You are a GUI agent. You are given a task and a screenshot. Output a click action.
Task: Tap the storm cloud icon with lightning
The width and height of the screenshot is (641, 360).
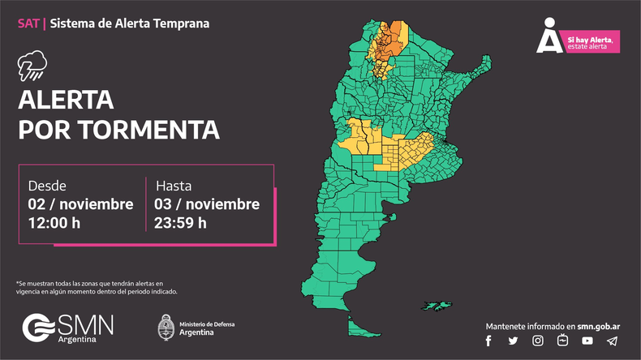[x=32, y=66]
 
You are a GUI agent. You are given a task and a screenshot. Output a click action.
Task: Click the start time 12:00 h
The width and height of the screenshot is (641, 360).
[x=54, y=222]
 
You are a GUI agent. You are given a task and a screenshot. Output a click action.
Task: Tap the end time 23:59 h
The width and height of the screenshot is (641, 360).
[x=180, y=222]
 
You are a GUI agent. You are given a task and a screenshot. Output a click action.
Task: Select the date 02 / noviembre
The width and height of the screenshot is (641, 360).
[x=80, y=204]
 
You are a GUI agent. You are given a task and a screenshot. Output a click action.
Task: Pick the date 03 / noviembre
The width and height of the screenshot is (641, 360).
[x=207, y=204]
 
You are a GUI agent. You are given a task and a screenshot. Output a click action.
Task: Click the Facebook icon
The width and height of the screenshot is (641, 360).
[x=488, y=341]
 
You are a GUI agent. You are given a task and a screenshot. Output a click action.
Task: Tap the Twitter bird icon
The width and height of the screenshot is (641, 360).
[x=513, y=341]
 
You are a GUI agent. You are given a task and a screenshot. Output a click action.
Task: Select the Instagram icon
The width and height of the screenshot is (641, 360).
[x=537, y=341]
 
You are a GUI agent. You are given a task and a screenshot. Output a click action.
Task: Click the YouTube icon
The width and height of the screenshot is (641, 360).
[x=587, y=341]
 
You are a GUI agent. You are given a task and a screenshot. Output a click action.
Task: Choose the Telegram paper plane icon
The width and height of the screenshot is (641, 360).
[x=612, y=341]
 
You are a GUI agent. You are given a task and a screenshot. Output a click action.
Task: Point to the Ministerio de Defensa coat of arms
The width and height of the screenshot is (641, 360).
[x=166, y=327]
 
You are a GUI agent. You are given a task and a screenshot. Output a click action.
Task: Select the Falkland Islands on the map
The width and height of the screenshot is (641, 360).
[x=438, y=306]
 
